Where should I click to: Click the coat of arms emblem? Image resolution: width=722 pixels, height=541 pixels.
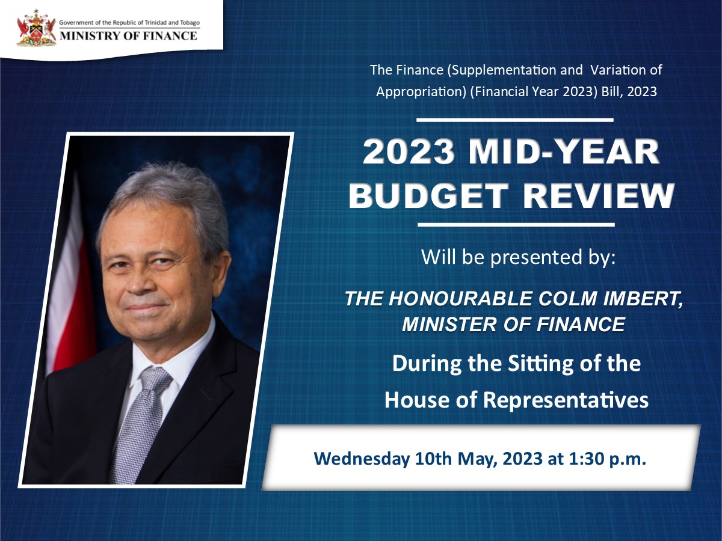click(x=35, y=29)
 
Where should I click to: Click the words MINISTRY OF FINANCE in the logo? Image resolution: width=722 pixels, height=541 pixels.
click(x=128, y=35)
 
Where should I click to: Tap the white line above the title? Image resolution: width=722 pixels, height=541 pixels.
click(x=515, y=120)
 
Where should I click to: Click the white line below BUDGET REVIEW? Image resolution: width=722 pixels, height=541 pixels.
click(x=515, y=225)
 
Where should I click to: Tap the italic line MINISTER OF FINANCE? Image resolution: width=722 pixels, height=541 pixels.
click(x=513, y=325)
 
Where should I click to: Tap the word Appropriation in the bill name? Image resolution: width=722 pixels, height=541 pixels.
click(x=415, y=91)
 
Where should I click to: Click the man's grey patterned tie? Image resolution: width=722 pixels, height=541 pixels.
click(x=140, y=421)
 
